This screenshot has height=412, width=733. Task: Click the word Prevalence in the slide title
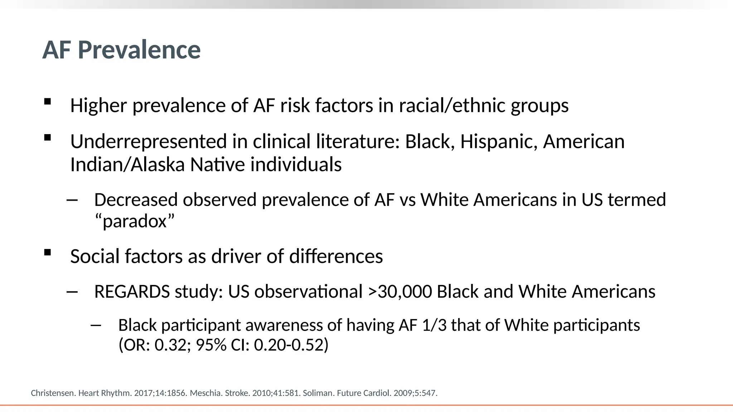pyautogui.click(x=139, y=50)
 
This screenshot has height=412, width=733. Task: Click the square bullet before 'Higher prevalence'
pyautogui.click(x=47, y=102)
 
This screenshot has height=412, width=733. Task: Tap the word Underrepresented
pyautogui.click(x=149, y=142)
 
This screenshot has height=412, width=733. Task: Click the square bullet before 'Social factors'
pyautogui.click(x=47, y=252)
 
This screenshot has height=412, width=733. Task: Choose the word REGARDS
pyautogui.click(x=132, y=291)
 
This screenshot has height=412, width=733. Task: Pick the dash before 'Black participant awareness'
pyautogui.click(x=96, y=325)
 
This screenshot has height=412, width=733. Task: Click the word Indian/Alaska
pyautogui.click(x=127, y=165)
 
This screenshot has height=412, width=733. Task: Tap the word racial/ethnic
pyautogui.click(x=452, y=106)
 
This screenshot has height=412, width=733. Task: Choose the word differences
pyautogui.click(x=336, y=256)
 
